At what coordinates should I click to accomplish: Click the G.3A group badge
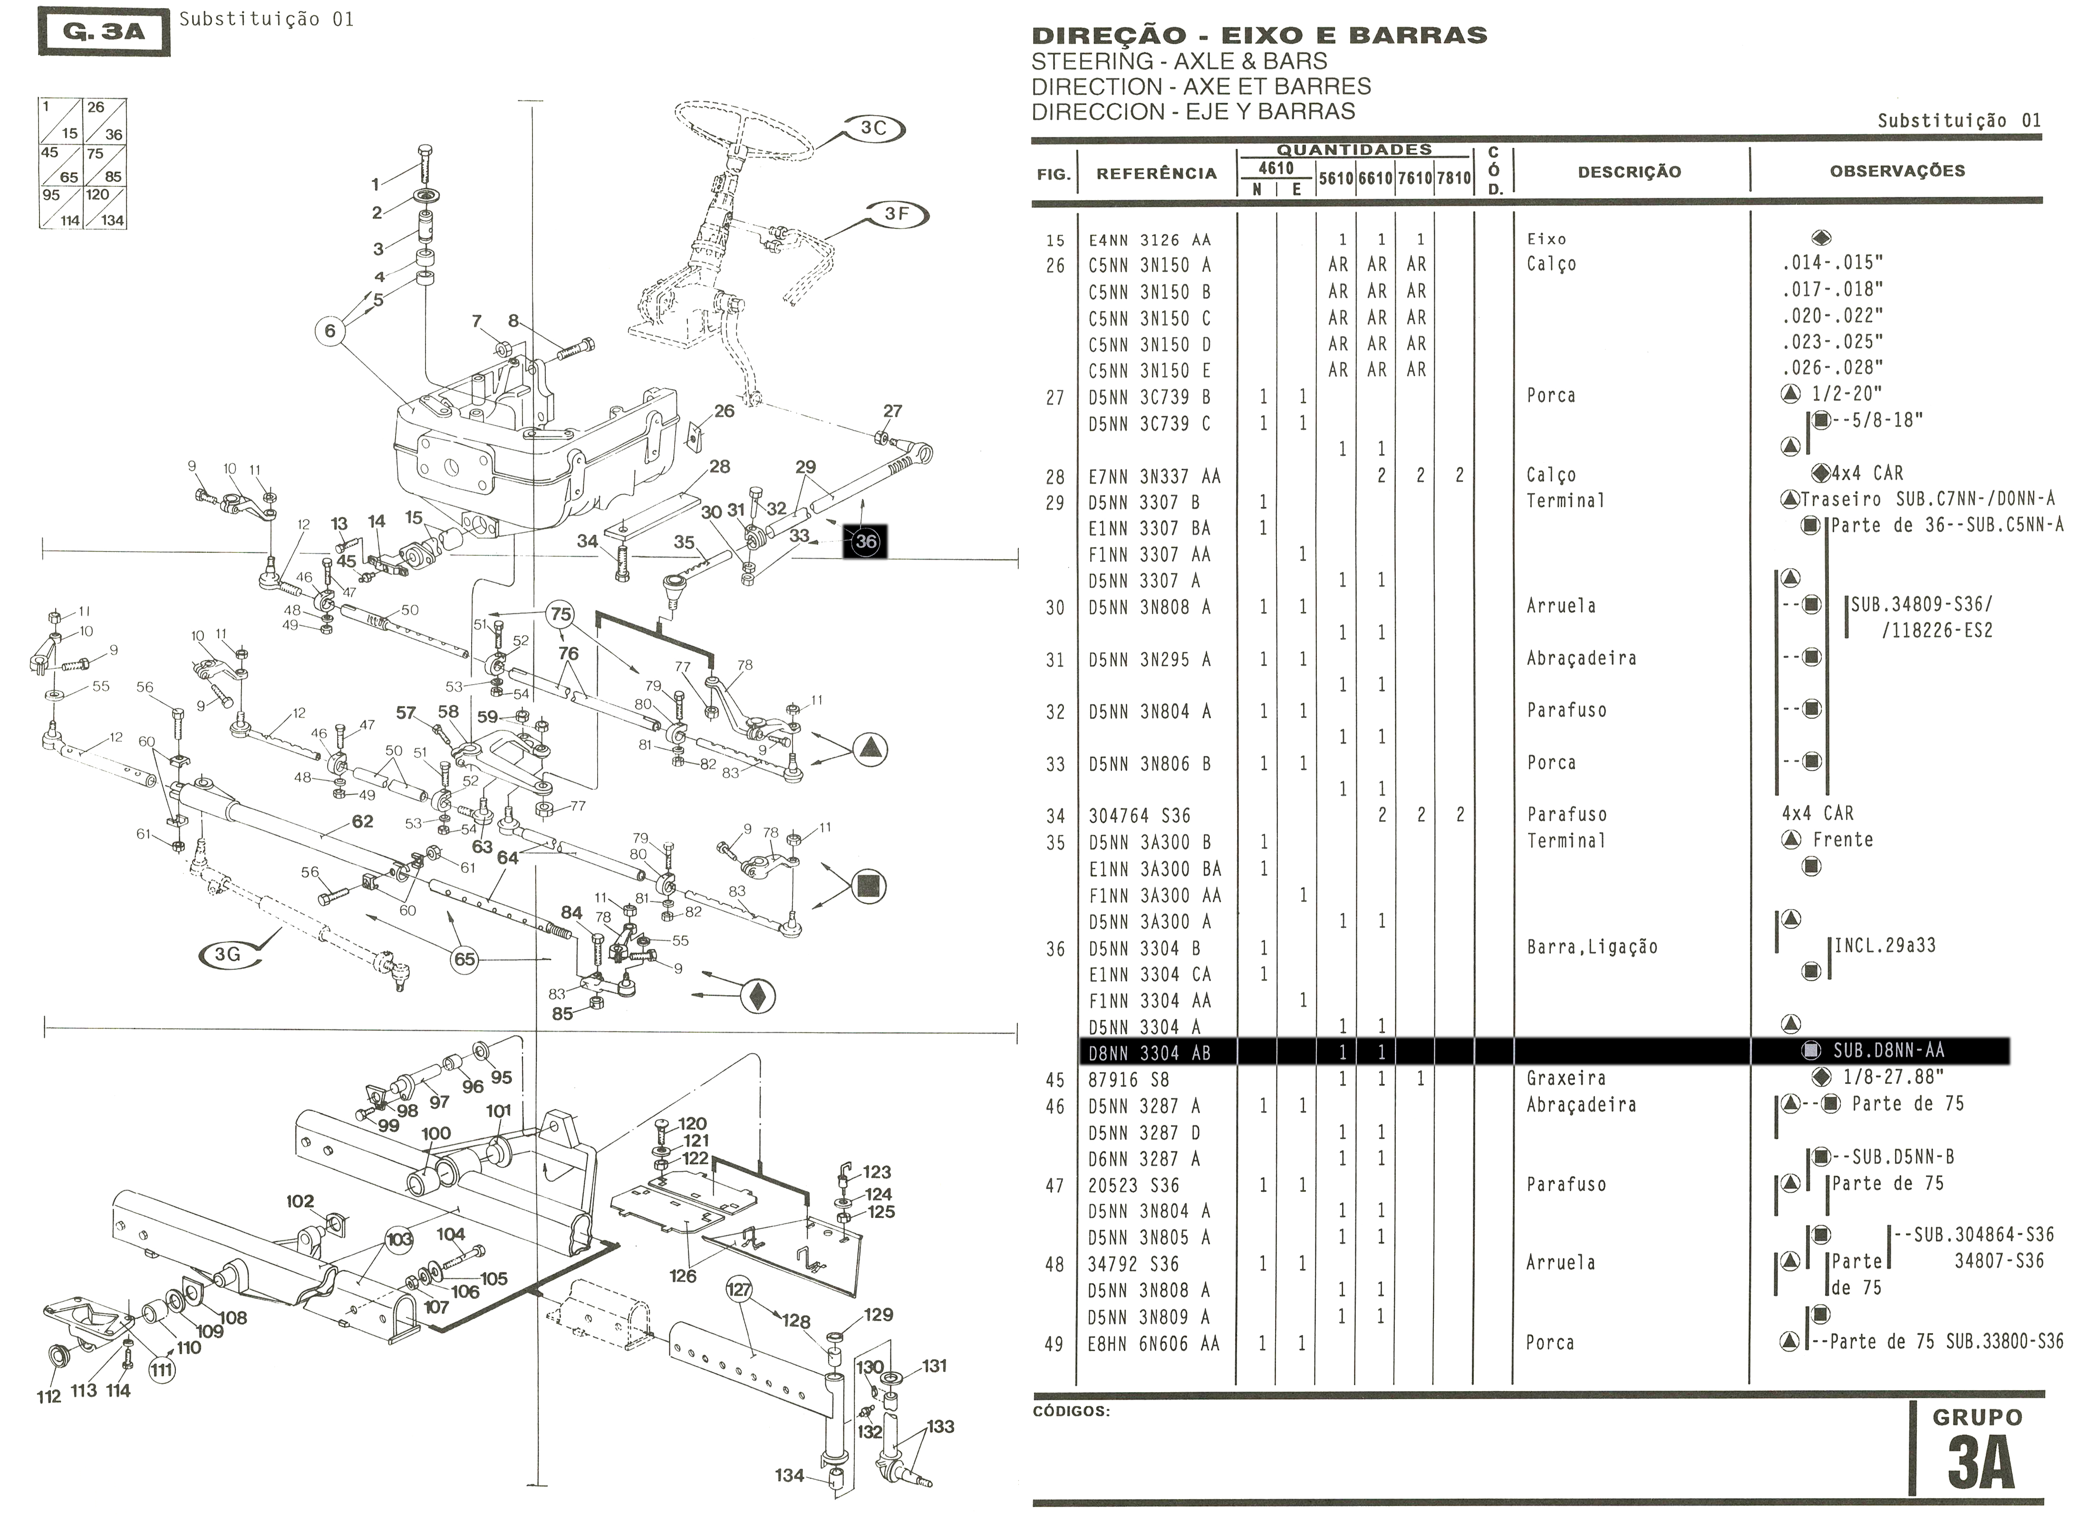coord(104,32)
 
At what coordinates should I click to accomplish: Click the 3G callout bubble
coord(227,955)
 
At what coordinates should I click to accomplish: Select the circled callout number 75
coord(560,614)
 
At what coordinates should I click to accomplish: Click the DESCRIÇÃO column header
coord(1629,172)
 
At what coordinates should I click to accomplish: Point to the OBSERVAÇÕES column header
coord(1897,171)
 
